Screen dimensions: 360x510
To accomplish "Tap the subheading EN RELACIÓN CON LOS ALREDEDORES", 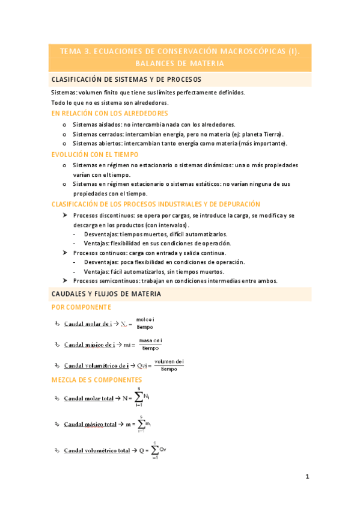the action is coord(110,113).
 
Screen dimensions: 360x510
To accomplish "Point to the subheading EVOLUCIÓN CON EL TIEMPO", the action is coord(96,155).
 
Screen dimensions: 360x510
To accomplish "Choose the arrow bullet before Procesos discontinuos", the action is coord(64,215).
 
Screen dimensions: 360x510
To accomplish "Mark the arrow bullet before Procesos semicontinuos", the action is coord(64,280).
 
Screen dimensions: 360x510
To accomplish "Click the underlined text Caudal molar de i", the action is coord(88,324).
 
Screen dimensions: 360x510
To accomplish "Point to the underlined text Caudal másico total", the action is coord(90,424).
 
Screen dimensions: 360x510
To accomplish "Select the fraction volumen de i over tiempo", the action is coord(169,364).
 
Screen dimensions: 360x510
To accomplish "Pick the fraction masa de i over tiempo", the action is coord(151,345).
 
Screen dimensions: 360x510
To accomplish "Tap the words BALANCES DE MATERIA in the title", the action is coord(180,63).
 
